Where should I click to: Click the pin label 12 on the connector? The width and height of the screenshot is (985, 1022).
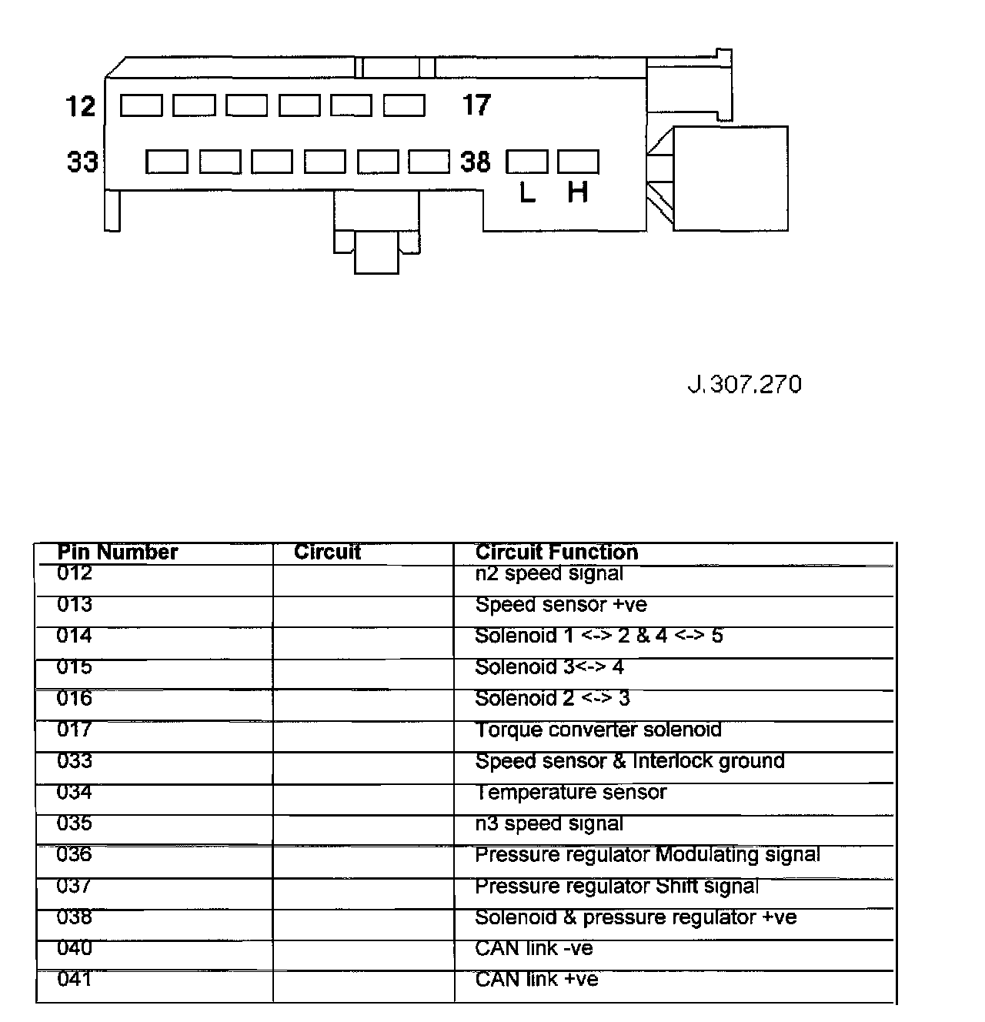[80, 105]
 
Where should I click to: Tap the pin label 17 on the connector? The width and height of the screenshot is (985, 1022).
[476, 105]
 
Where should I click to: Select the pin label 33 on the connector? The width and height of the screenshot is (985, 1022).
[82, 162]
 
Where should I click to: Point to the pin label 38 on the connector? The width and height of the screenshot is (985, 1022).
[475, 162]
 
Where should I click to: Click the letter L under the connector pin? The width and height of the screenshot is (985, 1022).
[527, 192]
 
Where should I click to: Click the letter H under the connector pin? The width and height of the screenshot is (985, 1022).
[577, 192]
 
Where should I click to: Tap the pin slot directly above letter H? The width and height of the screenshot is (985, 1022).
[578, 162]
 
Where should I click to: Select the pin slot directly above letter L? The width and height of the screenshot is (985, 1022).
[527, 162]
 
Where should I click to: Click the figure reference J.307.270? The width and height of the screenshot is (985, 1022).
[744, 384]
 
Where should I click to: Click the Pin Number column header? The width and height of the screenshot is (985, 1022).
[118, 552]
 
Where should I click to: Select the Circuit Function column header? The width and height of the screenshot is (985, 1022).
[556, 552]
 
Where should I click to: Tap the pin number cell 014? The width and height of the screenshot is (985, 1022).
[74, 636]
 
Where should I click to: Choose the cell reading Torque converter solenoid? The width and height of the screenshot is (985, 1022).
[598, 730]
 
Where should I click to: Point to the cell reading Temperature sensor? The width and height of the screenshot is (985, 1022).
[570, 792]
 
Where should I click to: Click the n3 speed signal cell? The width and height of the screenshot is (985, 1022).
[549, 823]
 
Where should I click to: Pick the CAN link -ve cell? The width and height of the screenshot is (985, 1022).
[533, 948]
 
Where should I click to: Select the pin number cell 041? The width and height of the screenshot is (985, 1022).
[74, 979]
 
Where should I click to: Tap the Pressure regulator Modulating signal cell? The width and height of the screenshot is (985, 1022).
[647, 854]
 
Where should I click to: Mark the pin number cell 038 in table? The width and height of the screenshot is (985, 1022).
[74, 917]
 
